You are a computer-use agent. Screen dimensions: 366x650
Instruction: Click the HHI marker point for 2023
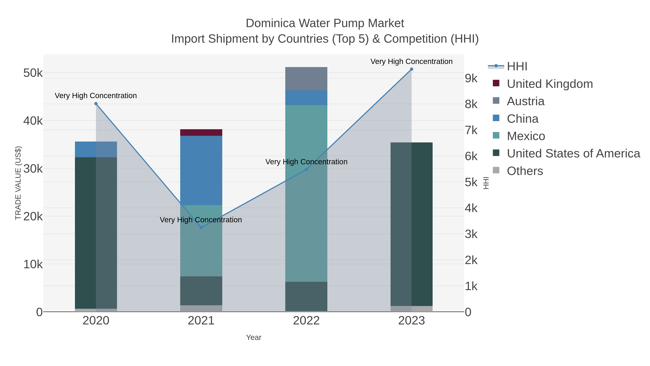pyautogui.click(x=411, y=69)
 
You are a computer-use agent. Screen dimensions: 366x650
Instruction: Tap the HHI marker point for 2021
pyautogui.click(x=201, y=228)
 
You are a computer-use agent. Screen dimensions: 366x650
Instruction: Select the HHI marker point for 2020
pyautogui.click(x=96, y=104)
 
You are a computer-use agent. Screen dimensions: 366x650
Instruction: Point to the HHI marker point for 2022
pyautogui.click(x=306, y=170)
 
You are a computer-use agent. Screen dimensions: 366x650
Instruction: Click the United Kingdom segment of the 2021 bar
pyautogui.click(x=201, y=132)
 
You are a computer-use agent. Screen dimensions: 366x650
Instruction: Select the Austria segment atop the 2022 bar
pyautogui.click(x=306, y=79)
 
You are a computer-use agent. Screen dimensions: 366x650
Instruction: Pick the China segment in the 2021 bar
pyautogui.click(x=201, y=170)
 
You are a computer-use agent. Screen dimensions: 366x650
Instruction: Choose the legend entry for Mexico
pyautogui.click(x=526, y=136)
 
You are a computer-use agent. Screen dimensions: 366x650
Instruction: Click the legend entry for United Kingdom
pyautogui.click(x=550, y=84)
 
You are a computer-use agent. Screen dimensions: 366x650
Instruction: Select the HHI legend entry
pyautogui.click(x=517, y=67)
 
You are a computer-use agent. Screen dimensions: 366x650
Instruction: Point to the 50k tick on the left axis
pyautogui.click(x=33, y=73)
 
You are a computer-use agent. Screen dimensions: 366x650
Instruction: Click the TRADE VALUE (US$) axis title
pyautogui.click(x=18, y=183)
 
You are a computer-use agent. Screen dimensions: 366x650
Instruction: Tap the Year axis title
pyautogui.click(x=254, y=337)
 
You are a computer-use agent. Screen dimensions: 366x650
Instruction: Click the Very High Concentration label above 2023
pyautogui.click(x=411, y=61)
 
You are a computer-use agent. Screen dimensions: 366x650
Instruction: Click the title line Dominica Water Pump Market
pyautogui.click(x=325, y=23)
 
